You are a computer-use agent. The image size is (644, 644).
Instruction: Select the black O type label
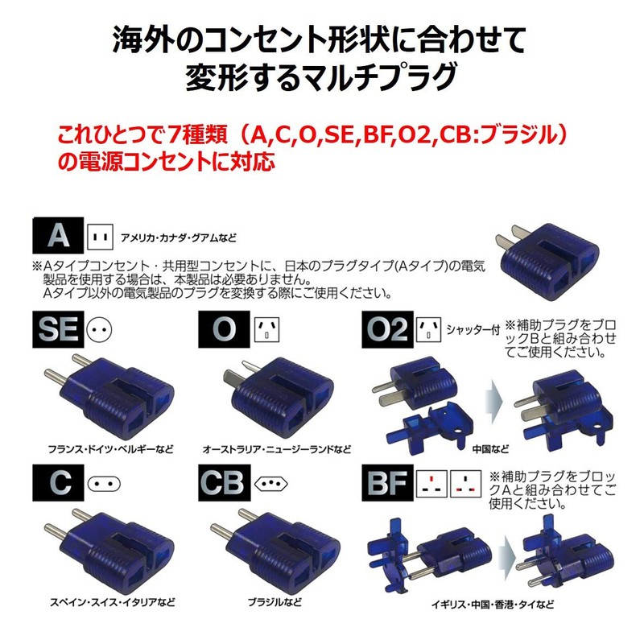[x=223, y=329]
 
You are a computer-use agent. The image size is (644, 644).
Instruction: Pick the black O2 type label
[x=387, y=329]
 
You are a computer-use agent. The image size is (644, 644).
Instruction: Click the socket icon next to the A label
[x=100, y=237]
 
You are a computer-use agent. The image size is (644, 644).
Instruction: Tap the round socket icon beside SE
[x=100, y=329]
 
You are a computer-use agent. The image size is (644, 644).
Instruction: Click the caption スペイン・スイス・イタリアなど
[x=101, y=601]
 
